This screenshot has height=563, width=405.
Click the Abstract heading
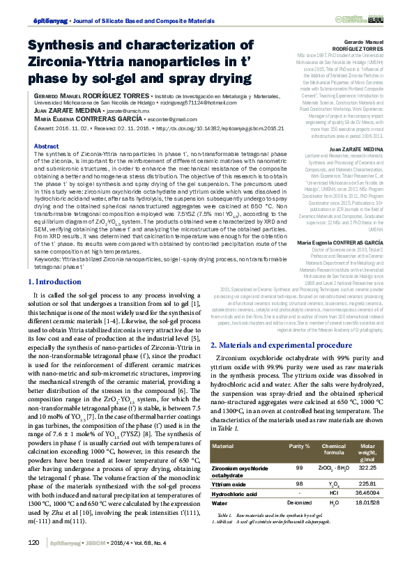pyautogui.click(x=46, y=146)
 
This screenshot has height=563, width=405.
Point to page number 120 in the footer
pyautogui.click(x=32, y=543)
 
